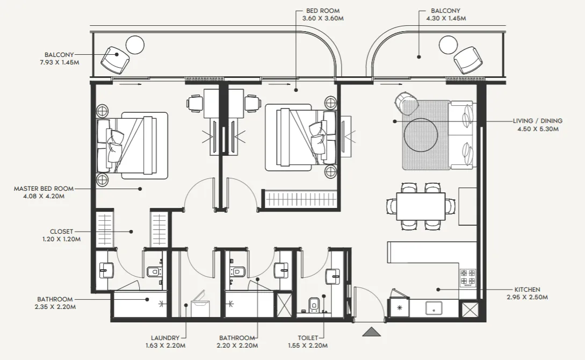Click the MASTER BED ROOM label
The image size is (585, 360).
pos(44,189)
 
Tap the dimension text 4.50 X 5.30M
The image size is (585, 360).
pos(538,129)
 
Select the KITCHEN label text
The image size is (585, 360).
pos(527,290)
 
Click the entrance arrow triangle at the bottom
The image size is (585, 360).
pos(372,332)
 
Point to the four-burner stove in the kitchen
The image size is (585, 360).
pos(468,277)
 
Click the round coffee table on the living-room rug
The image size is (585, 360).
pos(421,135)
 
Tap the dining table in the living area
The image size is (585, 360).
pos(421,206)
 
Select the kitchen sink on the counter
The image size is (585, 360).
pos(434,308)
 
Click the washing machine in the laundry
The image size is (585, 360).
pos(200,304)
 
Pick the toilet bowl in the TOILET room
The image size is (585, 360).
pos(313,304)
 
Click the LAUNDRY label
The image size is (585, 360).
pos(165,338)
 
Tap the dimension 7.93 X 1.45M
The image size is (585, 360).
pos(60,62)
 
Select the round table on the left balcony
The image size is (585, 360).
pos(135,45)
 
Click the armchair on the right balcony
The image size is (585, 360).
pos(468,60)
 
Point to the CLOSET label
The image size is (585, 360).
pos(62,232)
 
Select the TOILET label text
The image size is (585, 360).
pos(308,338)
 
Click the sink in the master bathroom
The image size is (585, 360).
pos(107,270)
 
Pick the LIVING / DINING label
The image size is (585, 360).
pos(538,121)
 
